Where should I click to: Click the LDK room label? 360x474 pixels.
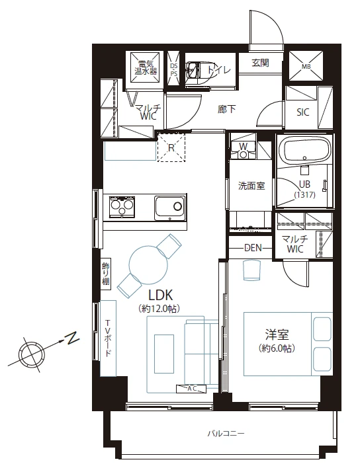[160, 295]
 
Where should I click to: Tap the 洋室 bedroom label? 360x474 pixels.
[277, 335]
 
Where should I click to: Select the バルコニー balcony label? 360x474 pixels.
[226, 434]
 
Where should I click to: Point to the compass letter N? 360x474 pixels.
[72, 338]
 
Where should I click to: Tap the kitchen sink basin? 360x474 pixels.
[169, 208]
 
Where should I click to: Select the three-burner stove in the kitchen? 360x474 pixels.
[122, 207]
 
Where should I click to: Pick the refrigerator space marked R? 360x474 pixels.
[171, 148]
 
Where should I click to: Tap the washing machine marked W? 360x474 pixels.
[243, 150]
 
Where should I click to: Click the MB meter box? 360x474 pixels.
[306, 66]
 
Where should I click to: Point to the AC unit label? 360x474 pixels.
[191, 389]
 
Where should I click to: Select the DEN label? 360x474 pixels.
[253, 248]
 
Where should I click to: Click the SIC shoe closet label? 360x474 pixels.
[303, 112]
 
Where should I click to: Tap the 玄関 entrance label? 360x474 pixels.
[260, 63]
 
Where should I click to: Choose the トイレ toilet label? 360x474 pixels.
[219, 70]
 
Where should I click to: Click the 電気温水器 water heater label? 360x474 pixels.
[146, 67]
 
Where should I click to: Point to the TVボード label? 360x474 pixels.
[108, 338]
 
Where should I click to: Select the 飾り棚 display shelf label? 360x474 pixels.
[106, 274]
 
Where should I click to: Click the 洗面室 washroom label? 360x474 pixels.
[251, 186]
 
